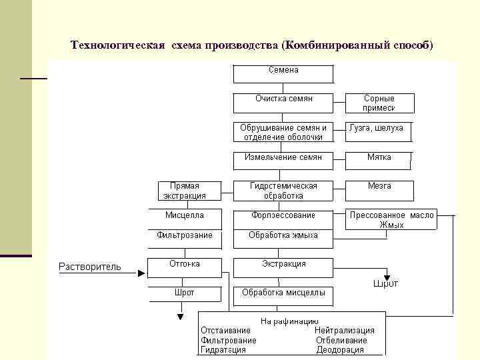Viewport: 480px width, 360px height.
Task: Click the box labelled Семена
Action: [283, 73]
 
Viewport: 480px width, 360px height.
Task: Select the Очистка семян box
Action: [283, 102]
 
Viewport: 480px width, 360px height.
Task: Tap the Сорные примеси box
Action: [379, 103]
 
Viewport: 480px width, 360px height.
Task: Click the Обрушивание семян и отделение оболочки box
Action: [283, 132]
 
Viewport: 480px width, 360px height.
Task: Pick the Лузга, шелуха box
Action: [377, 131]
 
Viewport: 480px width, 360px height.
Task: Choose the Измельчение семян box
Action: [283, 160]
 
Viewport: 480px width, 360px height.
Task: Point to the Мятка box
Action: [379, 160]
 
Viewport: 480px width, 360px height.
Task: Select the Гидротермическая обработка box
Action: [283, 191]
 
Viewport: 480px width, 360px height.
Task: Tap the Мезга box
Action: [379, 190]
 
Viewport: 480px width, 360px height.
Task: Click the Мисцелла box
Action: [185, 218]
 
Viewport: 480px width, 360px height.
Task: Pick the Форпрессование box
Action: [283, 218]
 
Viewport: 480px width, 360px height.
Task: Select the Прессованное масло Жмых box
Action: [391, 220]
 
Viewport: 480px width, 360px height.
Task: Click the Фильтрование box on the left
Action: [185, 237]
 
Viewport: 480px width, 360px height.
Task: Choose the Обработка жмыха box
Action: [283, 237]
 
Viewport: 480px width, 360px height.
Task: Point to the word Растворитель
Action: [90, 267]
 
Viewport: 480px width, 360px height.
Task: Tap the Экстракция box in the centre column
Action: [283, 267]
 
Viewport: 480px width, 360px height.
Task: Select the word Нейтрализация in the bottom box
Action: [345, 330]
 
